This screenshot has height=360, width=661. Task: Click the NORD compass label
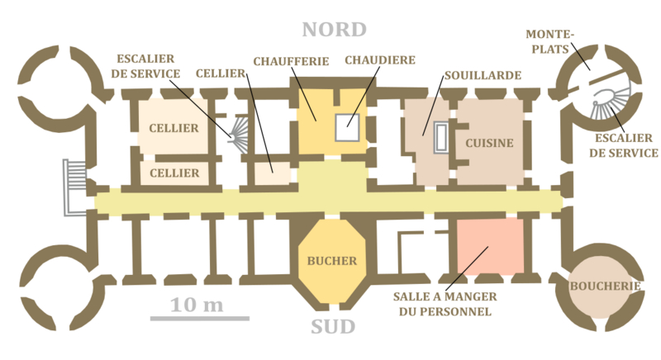tap(333, 30)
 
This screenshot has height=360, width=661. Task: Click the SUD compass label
tap(333, 327)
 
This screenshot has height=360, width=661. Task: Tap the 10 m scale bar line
tap(199, 318)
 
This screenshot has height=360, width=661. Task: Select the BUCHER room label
tap(332, 261)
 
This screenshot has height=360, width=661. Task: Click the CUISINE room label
tap(489, 143)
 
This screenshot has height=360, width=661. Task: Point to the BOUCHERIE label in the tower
tap(606, 287)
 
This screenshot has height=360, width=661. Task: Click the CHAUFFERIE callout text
tap(291, 61)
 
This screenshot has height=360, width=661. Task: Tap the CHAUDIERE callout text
tap(379, 61)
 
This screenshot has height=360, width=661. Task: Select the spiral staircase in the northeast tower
tap(610, 102)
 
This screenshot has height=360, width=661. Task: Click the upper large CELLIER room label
tap(174, 128)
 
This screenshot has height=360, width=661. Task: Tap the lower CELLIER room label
tap(174, 173)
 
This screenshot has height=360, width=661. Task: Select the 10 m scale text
tap(197, 305)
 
